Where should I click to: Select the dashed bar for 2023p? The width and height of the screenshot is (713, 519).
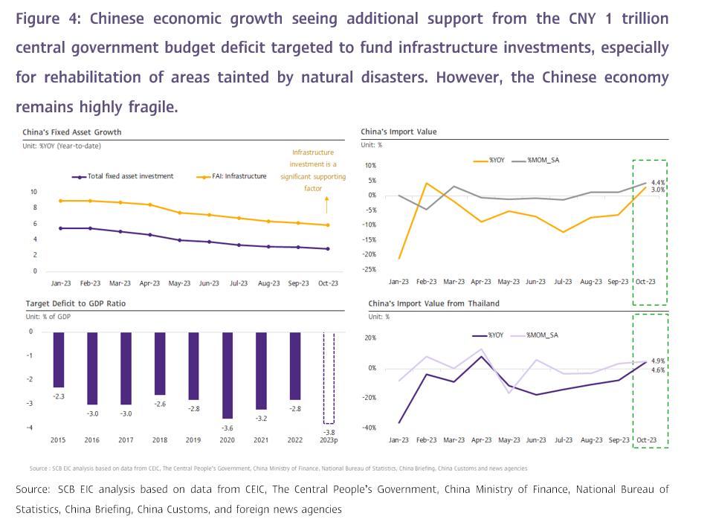click(329, 378)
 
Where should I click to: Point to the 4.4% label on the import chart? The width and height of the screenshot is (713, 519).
click(658, 182)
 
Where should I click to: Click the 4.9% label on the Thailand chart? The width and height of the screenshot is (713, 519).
click(658, 361)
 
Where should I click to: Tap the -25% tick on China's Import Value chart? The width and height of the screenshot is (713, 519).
click(370, 269)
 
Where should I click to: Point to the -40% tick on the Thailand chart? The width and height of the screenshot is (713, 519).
click(370, 428)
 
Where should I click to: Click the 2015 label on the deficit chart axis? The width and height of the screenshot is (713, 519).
click(58, 440)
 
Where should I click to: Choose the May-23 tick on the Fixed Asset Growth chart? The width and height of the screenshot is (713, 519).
click(180, 283)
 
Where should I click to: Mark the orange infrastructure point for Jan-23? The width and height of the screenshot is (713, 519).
click(60, 201)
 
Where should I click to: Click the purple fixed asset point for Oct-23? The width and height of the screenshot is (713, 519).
click(328, 249)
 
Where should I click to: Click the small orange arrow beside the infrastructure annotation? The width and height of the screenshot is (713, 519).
click(328, 199)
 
